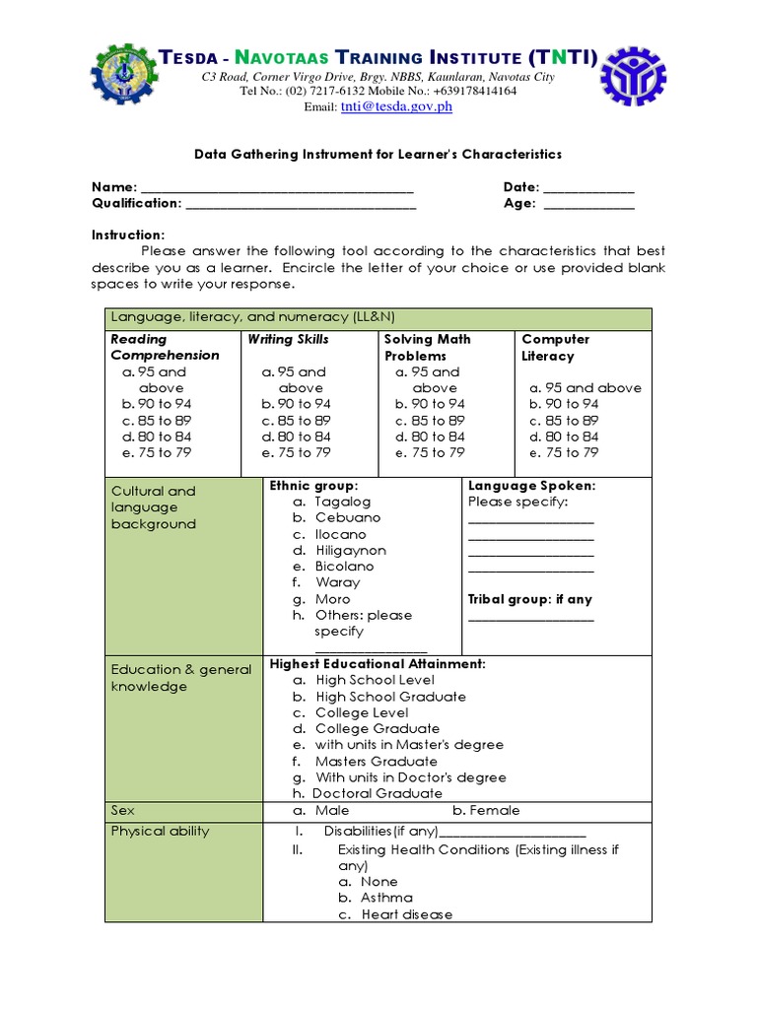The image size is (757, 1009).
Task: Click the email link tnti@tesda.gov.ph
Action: [x=396, y=107]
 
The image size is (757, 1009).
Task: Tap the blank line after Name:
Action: [x=277, y=189]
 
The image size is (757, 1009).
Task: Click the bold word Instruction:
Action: [x=128, y=235]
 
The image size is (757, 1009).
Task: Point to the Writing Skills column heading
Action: [x=288, y=339]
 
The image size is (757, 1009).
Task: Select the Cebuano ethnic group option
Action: [x=347, y=517]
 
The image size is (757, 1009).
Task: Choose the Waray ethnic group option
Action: [x=337, y=582]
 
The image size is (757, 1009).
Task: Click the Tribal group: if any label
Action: [x=530, y=599]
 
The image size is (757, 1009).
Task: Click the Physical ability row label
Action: [x=160, y=831]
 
